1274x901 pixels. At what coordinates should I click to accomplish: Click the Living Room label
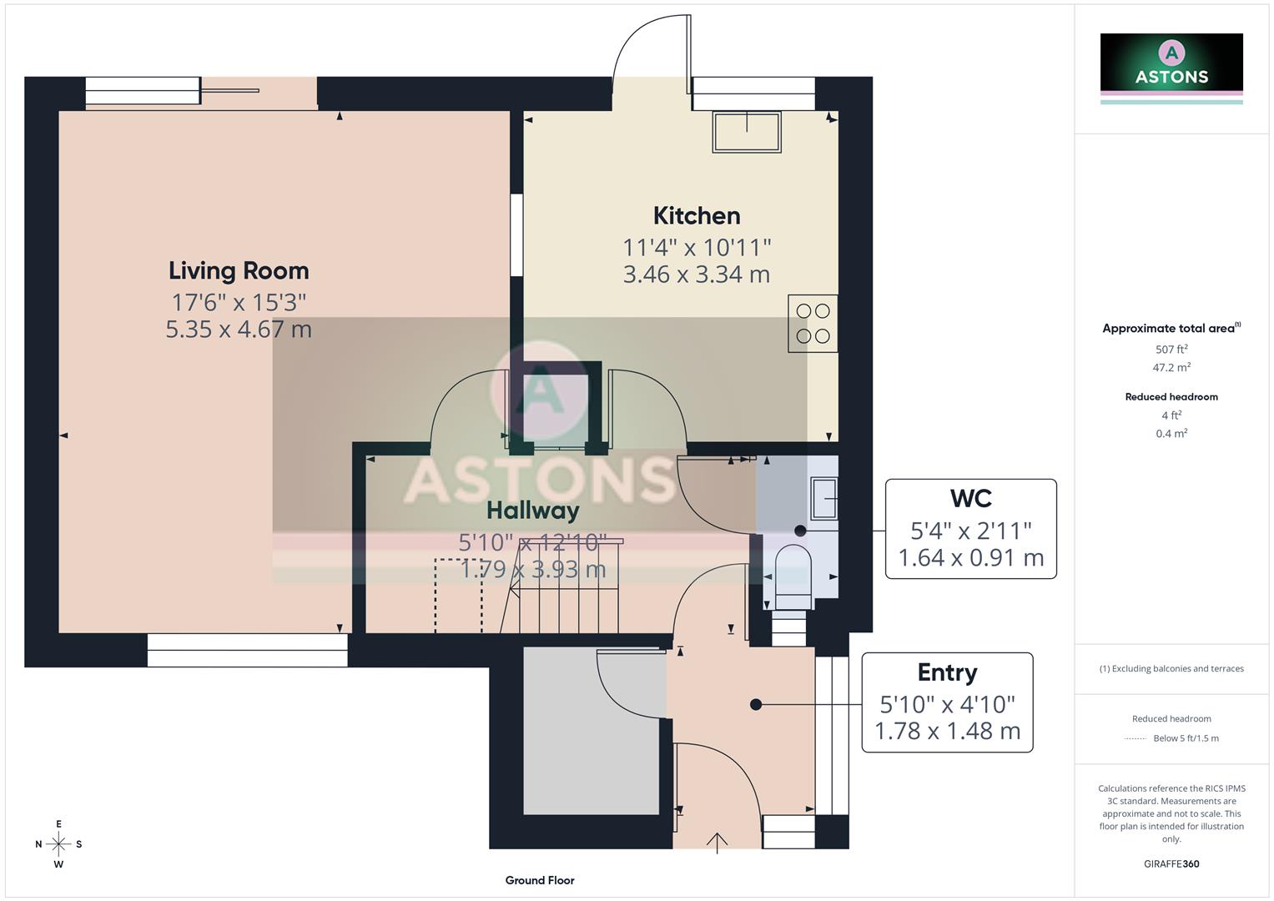(239, 270)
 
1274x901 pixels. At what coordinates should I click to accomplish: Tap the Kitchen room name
(697, 216)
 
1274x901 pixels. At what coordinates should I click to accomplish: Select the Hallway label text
(532, 510)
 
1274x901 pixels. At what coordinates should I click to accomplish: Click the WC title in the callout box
(970, 499)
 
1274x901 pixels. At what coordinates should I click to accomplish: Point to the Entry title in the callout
(947, 672)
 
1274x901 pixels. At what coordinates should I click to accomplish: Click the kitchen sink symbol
(747, 132)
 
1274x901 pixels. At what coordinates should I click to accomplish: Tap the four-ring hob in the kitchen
(813, 324)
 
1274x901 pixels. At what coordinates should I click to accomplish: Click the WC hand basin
(824, 499)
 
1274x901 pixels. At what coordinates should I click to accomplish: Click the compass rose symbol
(58, 844)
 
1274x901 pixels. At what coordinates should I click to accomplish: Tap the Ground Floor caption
(540, 880)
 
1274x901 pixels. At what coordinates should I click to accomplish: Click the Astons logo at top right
(1171, 63)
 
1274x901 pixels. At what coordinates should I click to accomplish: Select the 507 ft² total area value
(1171, 350)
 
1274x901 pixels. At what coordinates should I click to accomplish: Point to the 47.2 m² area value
(1171, 367)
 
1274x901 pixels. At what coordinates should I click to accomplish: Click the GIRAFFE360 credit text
(1171, 863)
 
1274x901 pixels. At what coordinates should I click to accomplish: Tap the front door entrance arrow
(717, 842)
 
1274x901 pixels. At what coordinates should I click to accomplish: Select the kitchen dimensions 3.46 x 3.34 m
(697, 274)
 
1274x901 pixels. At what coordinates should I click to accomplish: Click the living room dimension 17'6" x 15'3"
(239, 302)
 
